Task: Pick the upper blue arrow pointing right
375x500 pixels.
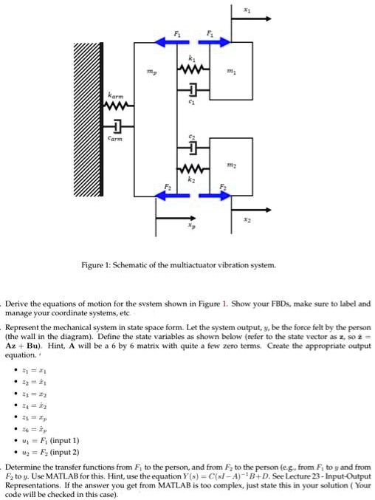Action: coord(214,42)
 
